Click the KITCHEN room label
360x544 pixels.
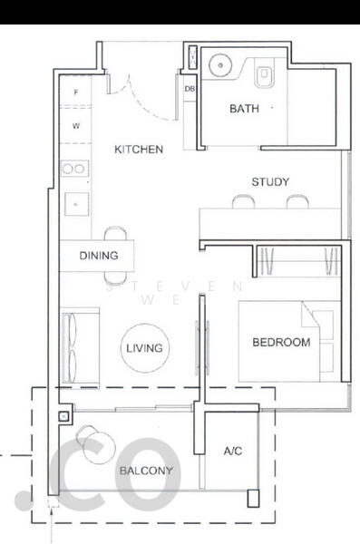click(x=139, y=150)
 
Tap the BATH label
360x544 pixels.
click(x=243, y=109)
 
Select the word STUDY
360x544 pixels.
click(x=270, y=182)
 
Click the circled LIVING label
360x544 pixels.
click(x=143, y=348)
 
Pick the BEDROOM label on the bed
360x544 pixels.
click(x=281, y=343)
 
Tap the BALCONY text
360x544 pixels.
click(x=145, y=471)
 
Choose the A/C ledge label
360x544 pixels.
click(x=233, y=451)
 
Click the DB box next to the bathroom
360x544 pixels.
click(x=190, y=89)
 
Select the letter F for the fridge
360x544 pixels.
click(x=76, y=93)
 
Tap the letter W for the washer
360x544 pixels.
click(x=76, y=126)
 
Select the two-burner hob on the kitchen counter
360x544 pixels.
click(x=73, y=169)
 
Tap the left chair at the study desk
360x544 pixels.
click(x=242, y=201)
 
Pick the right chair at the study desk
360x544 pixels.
click(x=297, y=201)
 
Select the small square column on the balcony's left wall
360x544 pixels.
click(x=62, y=417)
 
